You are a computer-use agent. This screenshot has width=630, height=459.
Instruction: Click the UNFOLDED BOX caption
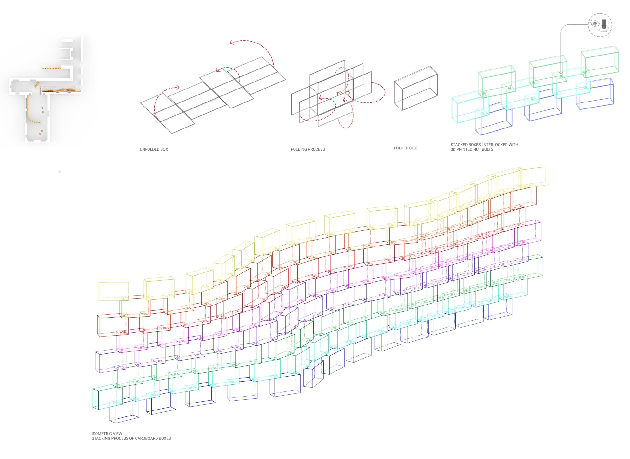[x=154, y=149]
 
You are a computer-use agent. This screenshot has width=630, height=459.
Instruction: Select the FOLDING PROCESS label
[x=308, y=149]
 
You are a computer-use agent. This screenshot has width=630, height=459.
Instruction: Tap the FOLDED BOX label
[x=405, y=148]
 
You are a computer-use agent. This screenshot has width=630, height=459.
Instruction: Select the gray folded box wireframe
[x=416, y=88]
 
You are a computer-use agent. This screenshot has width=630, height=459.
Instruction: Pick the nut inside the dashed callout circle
[x=594, y=24]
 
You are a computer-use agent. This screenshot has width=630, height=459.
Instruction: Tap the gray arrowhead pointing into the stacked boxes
[x=561, y=73]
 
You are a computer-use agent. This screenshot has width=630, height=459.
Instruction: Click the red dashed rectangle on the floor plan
[x=58, y=91]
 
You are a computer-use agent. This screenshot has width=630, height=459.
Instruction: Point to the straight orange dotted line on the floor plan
[x=51, y=68]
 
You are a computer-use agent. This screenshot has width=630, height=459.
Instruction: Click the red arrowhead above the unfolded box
[x=232, y=42]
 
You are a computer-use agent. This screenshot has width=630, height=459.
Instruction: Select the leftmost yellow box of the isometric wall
[x=113, y=290]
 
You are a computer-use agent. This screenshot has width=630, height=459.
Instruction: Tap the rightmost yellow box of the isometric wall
[x=535, y=177]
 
